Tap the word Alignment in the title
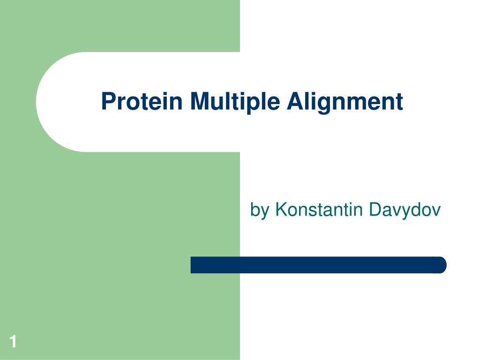[x=345, y=101]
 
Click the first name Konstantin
[x=319, y=210]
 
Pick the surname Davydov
[x=405, y=210]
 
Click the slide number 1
[x=13, y=342]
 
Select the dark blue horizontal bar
[x=318, y=265]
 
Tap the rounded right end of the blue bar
[x=441, y=265]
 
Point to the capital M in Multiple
[x=199, y=101]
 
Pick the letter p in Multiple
[x=253, y=104]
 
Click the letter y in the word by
[x=266, y=212]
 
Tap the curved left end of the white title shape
[x=40, y=102]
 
